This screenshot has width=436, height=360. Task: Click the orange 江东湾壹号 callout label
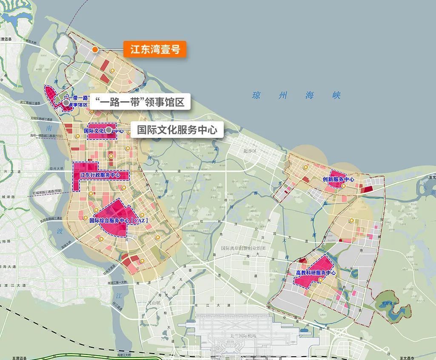pyautogui.click(x=155, y=49)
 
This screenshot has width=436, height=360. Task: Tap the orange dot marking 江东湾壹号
pyautogui.click(x=95, y=49)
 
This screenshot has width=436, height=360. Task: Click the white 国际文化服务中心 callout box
pyautogui.click(x=177, y=129)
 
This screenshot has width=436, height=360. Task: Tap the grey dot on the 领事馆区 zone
pyautogui.click(x=66, y=103)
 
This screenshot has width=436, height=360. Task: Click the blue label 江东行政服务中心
pyautogui.click(x=100, y=175)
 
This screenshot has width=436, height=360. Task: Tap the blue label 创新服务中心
pyautogui.click(x=338, y=180)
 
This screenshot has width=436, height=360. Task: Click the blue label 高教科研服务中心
pyautogui.click(x=316, y=273)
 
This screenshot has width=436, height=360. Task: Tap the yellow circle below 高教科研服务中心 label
pyautogui.click(x=320, y=280)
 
